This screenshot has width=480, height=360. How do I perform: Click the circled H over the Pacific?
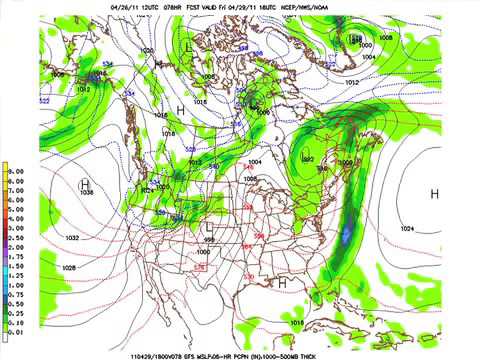[x=86, y=184]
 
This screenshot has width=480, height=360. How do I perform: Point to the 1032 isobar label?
[x=72, y=237]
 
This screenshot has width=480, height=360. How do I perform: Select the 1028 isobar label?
[x=68, y=268]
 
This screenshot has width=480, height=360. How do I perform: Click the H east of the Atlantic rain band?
[x=434, y=193]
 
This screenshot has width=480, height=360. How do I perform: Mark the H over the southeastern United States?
[x=283, y=283]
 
